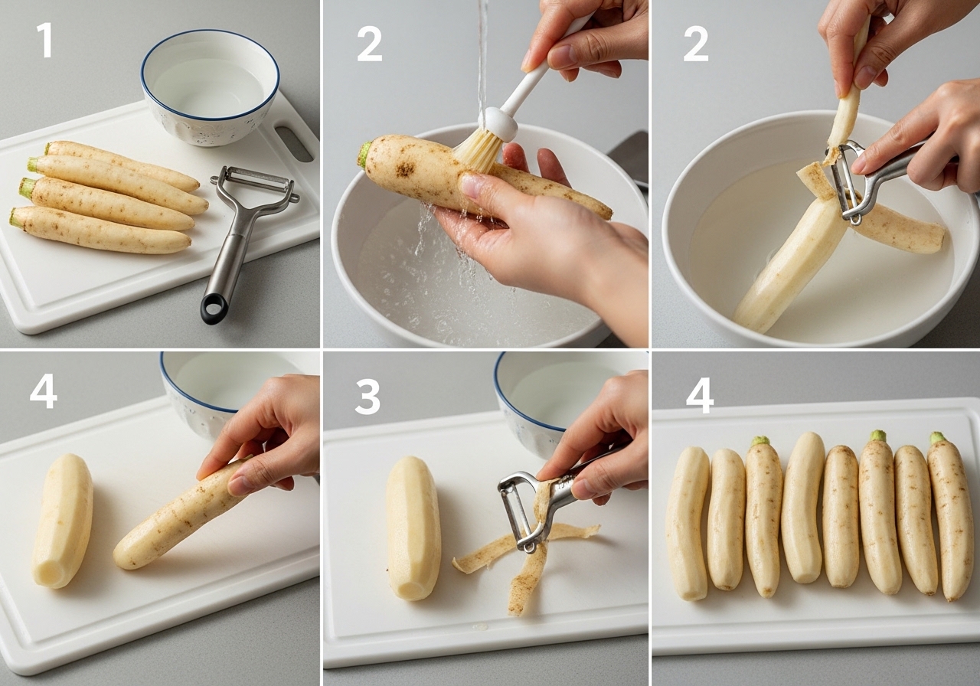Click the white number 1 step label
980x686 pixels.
coord(44,40)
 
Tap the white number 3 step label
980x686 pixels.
coord(367,397)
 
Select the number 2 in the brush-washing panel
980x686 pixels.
coord(369,44)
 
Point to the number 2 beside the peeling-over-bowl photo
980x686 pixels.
coord(696,44)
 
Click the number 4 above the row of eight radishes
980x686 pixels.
coord(700,397)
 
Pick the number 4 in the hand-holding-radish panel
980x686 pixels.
coord(44,390)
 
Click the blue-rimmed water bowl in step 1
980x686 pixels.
coord(210,87)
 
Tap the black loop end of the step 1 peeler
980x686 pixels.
coord(214,309)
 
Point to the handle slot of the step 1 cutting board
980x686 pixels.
coord(294,143)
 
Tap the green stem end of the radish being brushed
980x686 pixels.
coord(364,154)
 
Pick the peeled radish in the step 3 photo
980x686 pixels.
coord(413,528)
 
